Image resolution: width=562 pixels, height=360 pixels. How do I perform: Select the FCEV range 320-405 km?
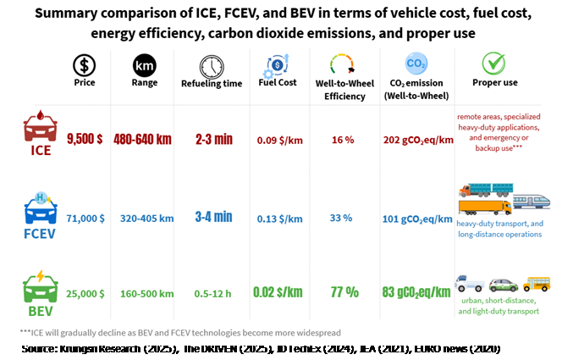[142, 218]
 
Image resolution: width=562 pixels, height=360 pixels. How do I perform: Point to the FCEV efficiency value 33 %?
[341, 218]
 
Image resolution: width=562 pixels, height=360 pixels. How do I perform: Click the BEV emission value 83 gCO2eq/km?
[416, 293]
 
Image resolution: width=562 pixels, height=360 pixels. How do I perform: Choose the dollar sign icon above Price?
[85, 64]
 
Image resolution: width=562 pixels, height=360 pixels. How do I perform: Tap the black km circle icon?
[144, 64]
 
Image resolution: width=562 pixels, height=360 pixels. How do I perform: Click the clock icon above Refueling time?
[212, 67]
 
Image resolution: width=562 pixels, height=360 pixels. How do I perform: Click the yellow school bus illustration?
[535, 283]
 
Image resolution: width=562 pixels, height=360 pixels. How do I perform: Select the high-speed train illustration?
[531, 201]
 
